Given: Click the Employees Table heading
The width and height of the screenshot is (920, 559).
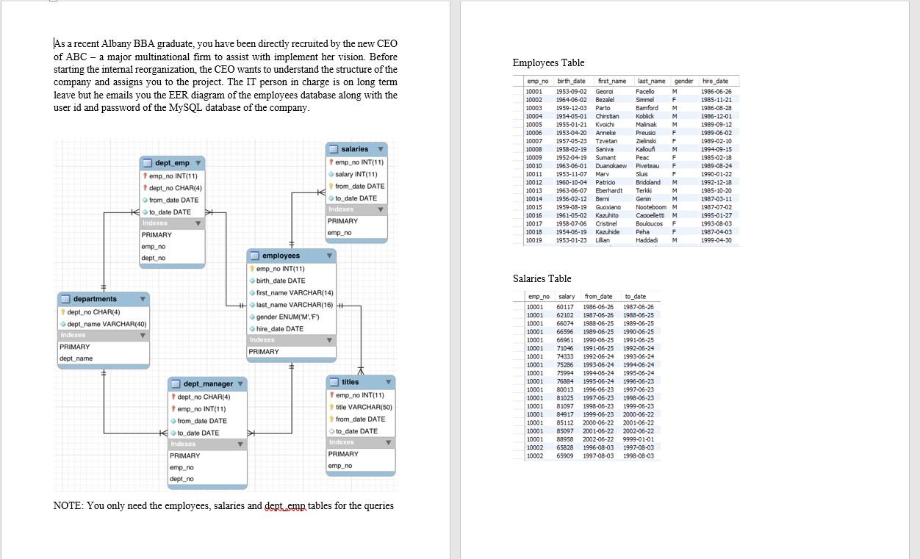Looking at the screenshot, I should (x=548, y=62).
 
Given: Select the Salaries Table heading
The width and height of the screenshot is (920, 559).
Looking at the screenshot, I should (x=542, y=278).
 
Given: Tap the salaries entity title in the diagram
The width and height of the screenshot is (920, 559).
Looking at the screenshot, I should (x=355, y=149).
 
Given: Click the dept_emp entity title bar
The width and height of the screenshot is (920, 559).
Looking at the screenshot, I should (x=172, y=162).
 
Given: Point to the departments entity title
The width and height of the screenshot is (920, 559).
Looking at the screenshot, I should (x=95, y=299).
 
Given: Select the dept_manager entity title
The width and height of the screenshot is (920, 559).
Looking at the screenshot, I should (x=208, y=384).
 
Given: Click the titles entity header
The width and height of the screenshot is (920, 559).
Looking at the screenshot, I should (x=351, y=382).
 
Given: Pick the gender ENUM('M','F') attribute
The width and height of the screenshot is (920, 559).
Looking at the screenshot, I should (x=287, y=317).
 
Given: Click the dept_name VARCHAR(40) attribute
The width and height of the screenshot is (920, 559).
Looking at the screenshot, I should (x=107, y=324).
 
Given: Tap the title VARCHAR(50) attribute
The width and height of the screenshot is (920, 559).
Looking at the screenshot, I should (x=364, y=407).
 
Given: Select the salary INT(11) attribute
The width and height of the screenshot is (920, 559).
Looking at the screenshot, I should (x=356, y=174).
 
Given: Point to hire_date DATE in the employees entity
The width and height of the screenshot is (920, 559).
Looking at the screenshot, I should (x=279, y=328).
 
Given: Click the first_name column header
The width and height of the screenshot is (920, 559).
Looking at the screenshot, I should (x=612, y=81).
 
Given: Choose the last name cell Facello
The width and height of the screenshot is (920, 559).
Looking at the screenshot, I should (x=644, y=92).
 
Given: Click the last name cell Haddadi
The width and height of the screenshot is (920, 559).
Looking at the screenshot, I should (x=647, y=240).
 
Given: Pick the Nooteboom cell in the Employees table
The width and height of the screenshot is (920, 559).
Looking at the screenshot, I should (x=650, y=207).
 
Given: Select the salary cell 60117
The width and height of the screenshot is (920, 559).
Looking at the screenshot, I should (x=565, y=307).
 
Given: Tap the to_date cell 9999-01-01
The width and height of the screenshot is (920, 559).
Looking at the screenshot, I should (x=638, y=439).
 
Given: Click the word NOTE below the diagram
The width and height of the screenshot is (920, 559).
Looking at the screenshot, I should (x=67, y=505).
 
